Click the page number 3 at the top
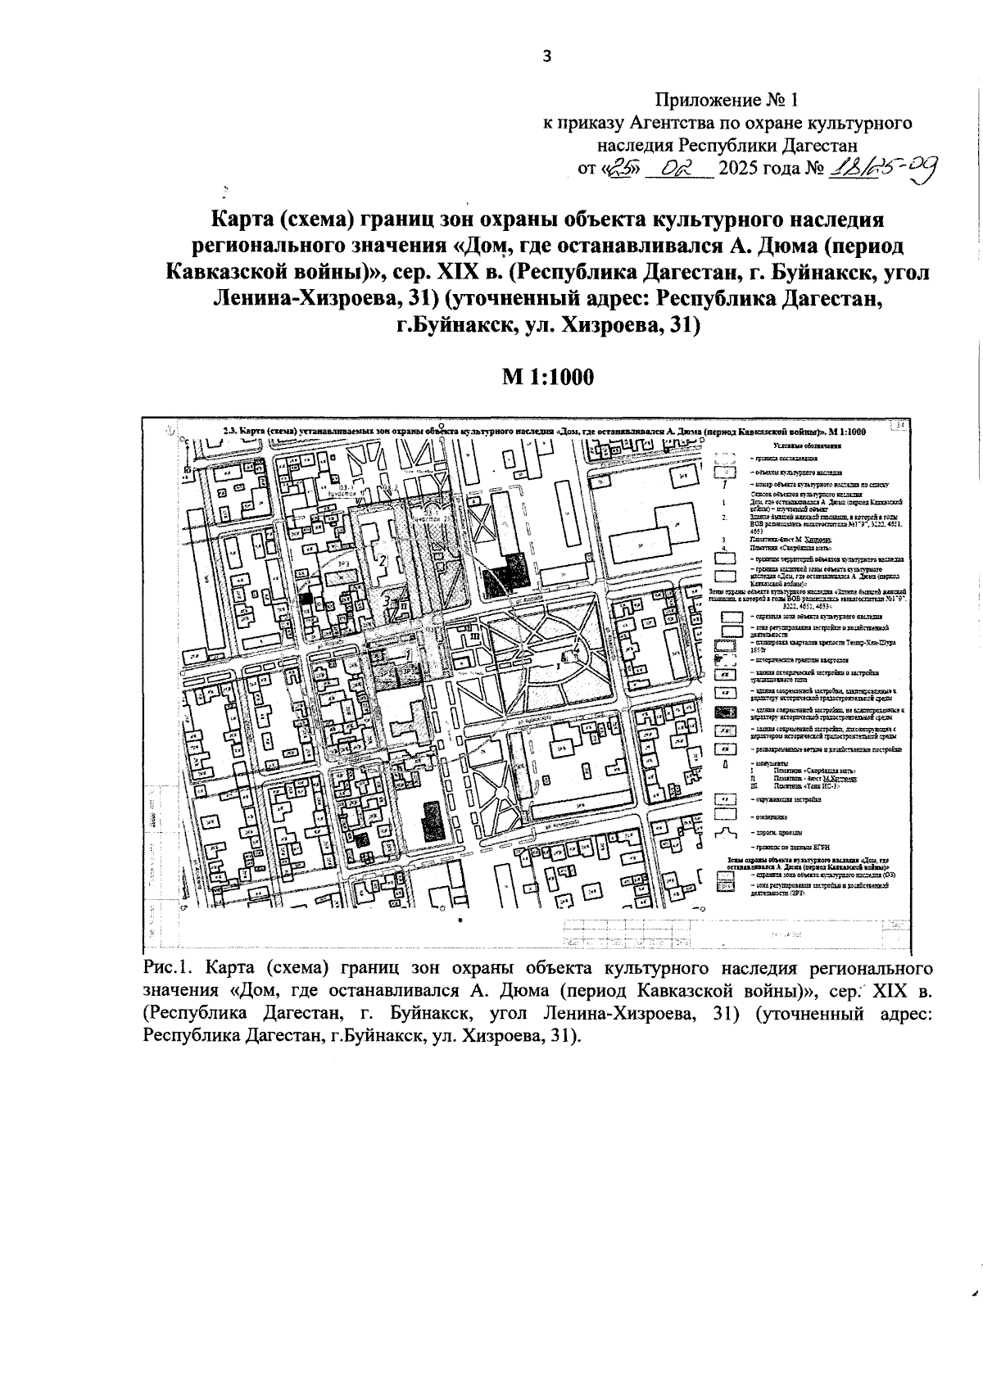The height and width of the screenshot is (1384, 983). click(547, 56)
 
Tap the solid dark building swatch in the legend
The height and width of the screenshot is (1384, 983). click(723, 712)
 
